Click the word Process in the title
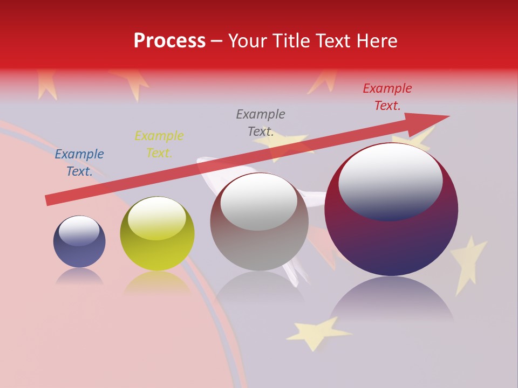click(169, 41)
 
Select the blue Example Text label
click(79, 163)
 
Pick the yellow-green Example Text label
click(159, 144)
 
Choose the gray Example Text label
click(261, 122)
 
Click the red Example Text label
click(387, 97)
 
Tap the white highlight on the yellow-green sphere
click(157, 218)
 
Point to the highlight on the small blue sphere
click(79, 231)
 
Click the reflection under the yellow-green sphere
click(157, 283)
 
